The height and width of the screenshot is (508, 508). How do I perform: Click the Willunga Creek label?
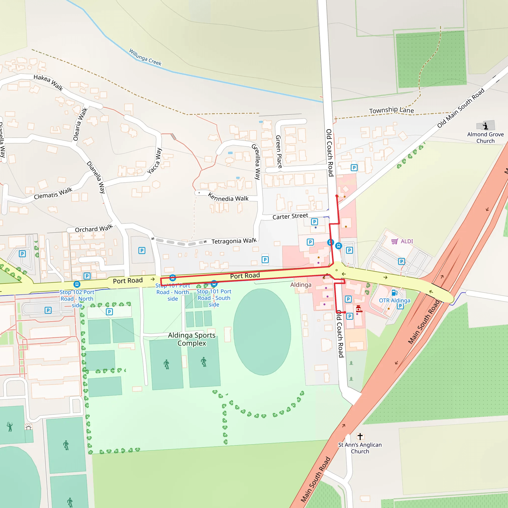pos(145,57)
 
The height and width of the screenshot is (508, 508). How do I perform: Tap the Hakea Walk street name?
pos(48,82)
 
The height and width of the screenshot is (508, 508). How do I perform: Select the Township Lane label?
pos(391,110)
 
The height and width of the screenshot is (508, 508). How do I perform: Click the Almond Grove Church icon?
pos(485,126)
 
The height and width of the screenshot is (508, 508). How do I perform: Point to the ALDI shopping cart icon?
pos(394,241)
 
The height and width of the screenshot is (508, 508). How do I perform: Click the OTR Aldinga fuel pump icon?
pos(394,293)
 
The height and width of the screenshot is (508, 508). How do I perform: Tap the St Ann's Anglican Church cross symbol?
pos(360,437)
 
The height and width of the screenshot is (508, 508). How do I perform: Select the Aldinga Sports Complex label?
pos(192,339)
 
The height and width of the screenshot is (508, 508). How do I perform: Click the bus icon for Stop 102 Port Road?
pos(77,284)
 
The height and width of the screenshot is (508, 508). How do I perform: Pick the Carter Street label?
pos(290,216)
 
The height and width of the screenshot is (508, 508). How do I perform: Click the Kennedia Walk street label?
pos(228,197)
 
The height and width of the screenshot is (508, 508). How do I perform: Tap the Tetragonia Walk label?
pos(234,241)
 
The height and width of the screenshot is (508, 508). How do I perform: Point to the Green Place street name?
pos(279,152)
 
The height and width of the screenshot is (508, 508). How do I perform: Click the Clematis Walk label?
pos(53,193)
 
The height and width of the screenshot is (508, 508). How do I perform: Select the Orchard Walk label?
pos(94,228)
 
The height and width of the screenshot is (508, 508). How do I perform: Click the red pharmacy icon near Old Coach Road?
pos(359,309)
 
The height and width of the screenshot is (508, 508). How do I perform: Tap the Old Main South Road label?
pos(461,108)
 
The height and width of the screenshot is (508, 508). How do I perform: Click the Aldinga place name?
pos(301,285)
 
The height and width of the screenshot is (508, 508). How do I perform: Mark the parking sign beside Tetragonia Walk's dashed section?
pos(142,251)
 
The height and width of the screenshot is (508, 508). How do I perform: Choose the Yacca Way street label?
pos(155,161)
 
